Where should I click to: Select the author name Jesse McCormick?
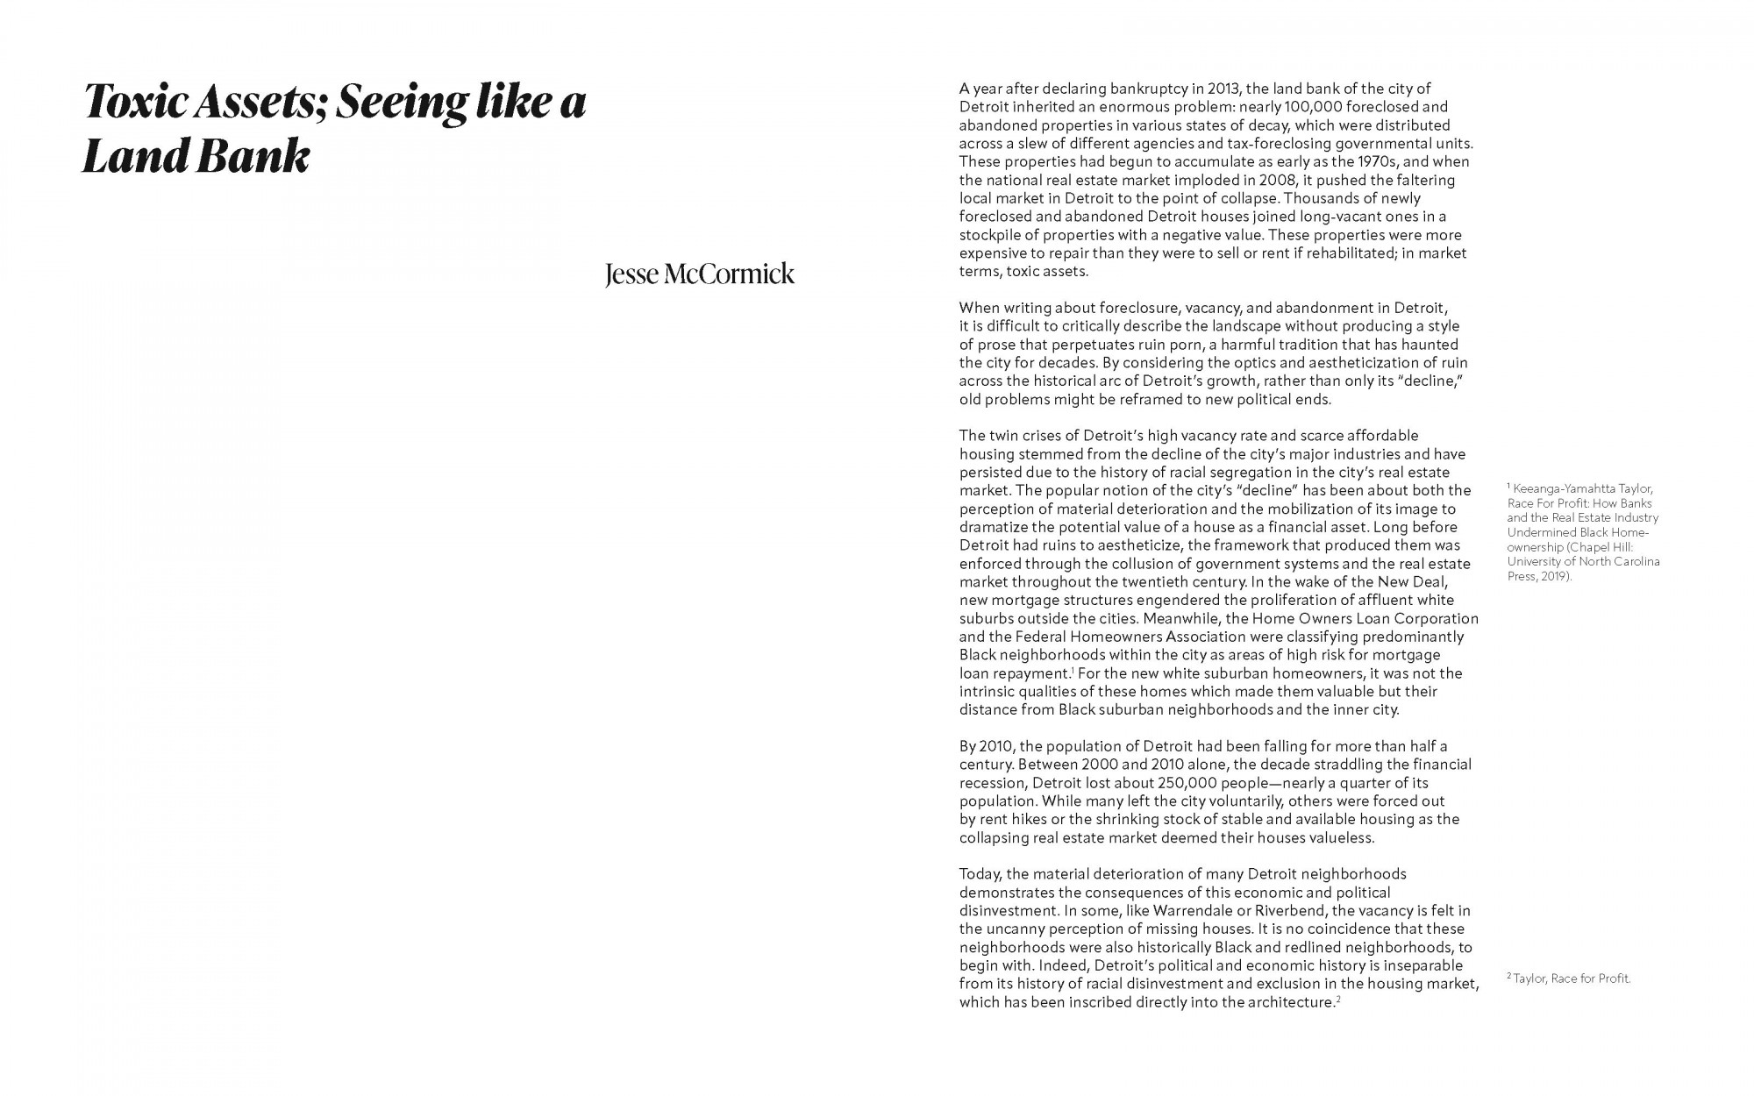pyautogui.click(x=699, y=274)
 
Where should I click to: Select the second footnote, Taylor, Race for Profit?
pyautogui.click(x=1571, y=979)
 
